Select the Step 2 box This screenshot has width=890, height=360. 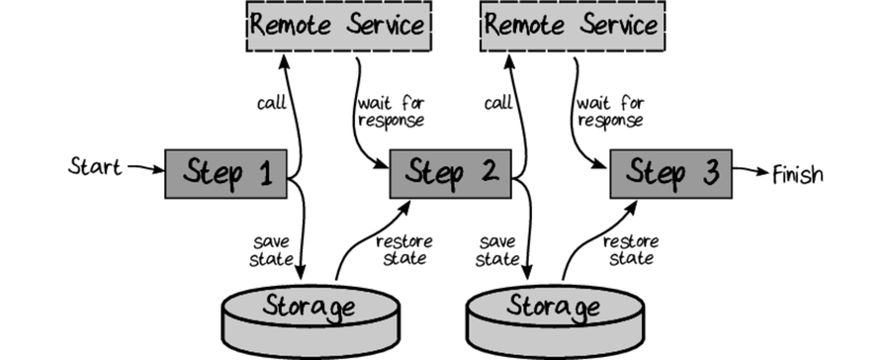click(x=450, y=174)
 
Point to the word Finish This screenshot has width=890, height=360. click(x=797, y=174)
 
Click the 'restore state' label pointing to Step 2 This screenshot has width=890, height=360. click(x=401, y=248)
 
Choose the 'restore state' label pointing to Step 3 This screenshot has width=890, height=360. click(x=629, y=248)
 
